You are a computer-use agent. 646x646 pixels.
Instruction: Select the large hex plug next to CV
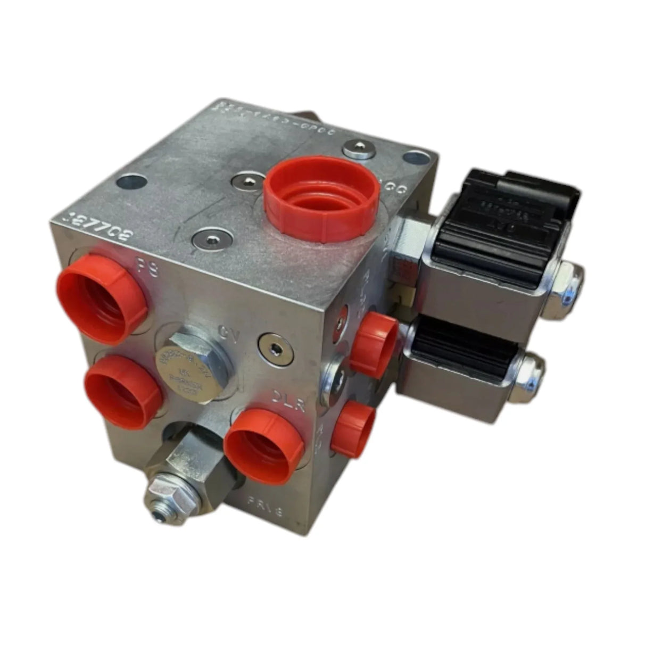pyautogui.click(x=194, y=364)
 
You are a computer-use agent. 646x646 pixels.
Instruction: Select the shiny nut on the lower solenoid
pyautogui.click(x=529, y=373)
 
